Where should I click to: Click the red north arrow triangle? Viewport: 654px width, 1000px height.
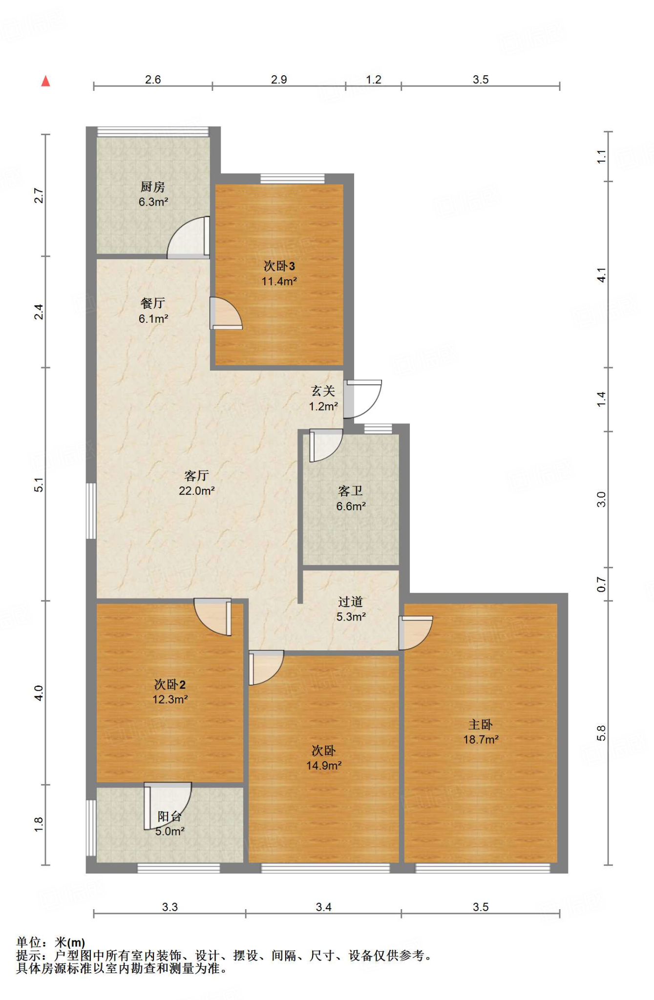[46, 81]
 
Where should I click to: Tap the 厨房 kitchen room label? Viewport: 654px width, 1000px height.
[153, 187]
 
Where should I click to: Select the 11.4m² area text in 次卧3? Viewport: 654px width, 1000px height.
[279, 281]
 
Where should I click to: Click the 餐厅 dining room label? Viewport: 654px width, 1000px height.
[153, 303]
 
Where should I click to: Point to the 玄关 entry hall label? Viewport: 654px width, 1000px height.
[323, 391]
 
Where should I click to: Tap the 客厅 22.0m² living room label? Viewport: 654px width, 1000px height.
[196, 483]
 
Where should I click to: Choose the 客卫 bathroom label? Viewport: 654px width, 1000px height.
[350, 491]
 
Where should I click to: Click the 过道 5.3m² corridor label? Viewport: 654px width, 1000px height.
[351, 609]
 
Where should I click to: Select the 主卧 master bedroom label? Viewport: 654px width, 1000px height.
[480, 725]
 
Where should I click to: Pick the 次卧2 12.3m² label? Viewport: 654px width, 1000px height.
[169, 691]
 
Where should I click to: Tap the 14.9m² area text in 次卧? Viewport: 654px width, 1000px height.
[323, 766]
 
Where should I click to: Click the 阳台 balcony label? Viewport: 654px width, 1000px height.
[169, 816]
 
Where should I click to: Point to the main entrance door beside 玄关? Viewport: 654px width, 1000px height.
[362, 399]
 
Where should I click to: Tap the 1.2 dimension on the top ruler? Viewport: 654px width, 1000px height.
[374, 80]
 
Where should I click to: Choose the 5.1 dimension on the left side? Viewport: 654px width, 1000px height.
[39, 484]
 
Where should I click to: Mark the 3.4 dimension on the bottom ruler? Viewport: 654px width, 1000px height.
[323, 907]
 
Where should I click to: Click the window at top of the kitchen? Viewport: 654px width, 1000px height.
[153, 131]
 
